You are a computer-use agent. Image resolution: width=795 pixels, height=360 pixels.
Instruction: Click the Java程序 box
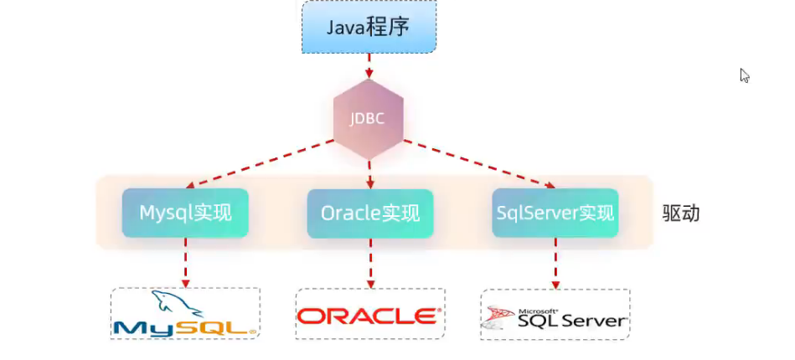pos(369,28)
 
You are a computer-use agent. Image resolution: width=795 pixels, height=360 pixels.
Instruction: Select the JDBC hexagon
pos(369,118)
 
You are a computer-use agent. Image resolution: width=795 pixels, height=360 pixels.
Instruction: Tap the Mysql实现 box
pos(185,213)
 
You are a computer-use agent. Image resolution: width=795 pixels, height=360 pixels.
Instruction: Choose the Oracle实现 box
pos(369,213)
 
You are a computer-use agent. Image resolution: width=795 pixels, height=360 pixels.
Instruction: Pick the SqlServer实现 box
pos(555,213)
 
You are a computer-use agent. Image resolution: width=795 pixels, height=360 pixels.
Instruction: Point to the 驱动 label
pos(679,213)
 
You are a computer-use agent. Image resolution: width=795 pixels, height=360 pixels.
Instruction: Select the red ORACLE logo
pos(369,316)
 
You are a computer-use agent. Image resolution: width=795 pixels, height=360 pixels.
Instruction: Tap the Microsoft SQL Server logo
pos(555,316)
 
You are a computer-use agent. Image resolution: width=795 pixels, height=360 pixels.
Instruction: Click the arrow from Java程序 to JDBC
pos(369,68)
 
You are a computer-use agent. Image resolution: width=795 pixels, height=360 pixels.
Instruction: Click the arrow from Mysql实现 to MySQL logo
pos(185,262)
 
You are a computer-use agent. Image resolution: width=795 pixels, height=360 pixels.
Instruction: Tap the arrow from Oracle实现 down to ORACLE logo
pos(369,263)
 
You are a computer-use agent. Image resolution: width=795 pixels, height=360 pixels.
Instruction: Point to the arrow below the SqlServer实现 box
pos(555,263)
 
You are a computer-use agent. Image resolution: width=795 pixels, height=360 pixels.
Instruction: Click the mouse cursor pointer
pos(744,75)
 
